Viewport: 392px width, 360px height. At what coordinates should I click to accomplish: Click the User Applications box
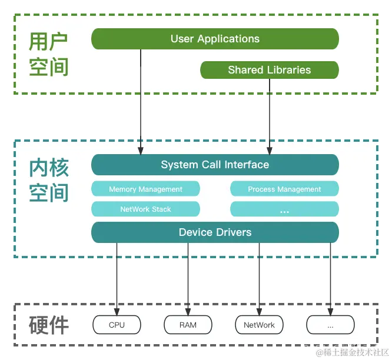tap(215, 39)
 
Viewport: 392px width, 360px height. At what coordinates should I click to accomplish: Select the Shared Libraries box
tap(270, 70)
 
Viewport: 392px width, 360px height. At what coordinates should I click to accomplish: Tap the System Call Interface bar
tap(215, 165)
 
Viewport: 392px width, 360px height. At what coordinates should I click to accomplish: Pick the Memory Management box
tap(145, 189)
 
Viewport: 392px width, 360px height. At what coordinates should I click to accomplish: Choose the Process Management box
tap(284, 189)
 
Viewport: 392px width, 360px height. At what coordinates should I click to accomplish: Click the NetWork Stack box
tap(145, 209)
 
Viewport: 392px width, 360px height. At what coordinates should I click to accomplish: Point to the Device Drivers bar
tap(215, 232)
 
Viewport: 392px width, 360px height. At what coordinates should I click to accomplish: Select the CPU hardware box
tap(117, 325)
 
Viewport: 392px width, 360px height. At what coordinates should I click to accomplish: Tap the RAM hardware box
tap(188, 325)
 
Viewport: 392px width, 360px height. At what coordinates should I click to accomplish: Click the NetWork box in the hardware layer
tap(259, 325)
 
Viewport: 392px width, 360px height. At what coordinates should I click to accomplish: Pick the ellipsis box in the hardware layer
tap(330, 325)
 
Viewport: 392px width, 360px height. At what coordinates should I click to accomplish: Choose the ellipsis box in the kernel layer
tap(284, 209)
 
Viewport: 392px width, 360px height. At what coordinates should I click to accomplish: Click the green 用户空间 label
tap(49, 54)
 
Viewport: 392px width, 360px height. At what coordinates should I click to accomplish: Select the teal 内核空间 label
tap(49, 180)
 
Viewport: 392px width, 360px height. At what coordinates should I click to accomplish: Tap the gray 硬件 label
tap(49, 325)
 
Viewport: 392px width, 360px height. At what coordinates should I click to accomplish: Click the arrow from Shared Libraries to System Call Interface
tap(270, 118)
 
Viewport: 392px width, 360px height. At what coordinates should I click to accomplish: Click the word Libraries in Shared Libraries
tap(288, 70)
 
